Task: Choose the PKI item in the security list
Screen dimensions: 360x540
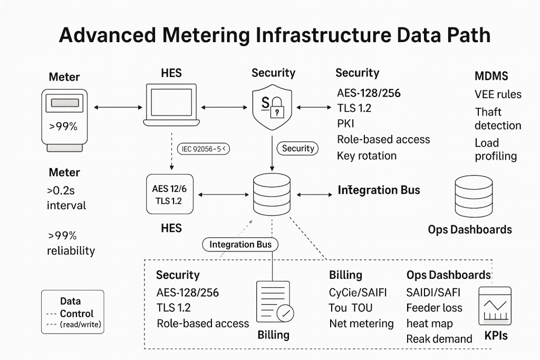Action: point(346,124)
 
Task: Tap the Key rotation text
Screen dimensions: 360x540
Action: point(367,155)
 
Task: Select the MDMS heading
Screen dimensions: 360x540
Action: point(491,76)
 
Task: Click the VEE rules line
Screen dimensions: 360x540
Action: point(498,94)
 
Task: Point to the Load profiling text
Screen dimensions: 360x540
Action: point(496,149)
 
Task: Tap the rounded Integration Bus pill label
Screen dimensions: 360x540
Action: point(240,245)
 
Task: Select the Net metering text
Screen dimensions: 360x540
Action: point(361,323)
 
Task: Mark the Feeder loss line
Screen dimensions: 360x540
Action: point(434,308)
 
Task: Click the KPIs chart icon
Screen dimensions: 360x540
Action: point(494,306)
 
